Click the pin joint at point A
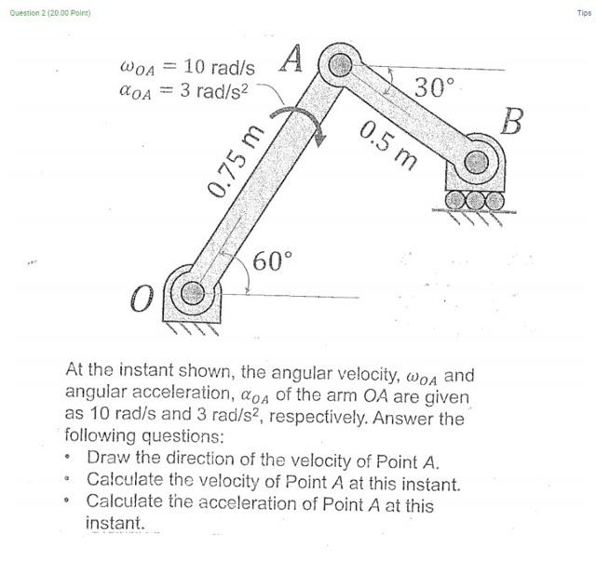coord(341,65)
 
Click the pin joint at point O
coord(193,293)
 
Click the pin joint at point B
coord(477,161)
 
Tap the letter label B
coord(512,121)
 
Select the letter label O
coord(141,300)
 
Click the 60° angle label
coord(273,261)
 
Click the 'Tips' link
coord(584,13)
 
